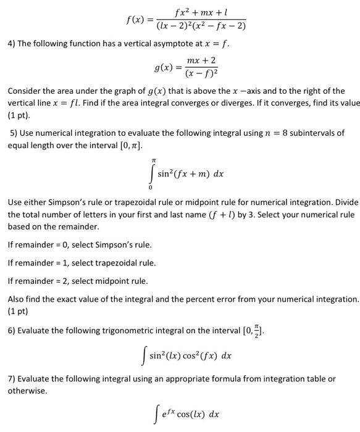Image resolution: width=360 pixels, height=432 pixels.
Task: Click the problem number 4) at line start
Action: (12, 45)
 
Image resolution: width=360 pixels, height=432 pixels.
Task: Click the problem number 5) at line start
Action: (15, 133)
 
